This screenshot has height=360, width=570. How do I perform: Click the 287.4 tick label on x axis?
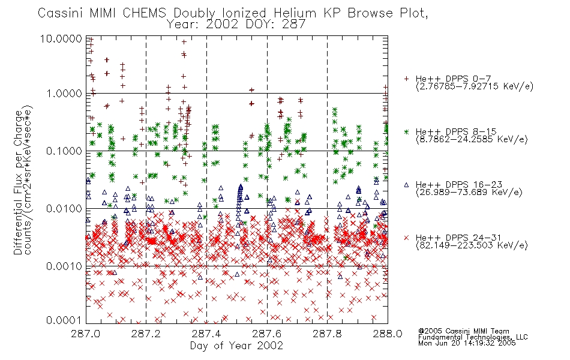[206, 334]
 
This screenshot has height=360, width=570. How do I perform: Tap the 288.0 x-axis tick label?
[388, 334]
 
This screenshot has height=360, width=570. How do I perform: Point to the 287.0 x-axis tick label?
[86, 334]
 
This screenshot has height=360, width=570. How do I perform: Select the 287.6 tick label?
[267, 334]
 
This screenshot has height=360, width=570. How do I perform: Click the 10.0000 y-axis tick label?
[61, 38]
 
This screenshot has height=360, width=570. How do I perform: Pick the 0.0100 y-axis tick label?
[64, 209]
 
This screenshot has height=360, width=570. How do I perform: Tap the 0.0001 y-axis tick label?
[64, 320]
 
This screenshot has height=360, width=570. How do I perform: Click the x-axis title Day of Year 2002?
[236, 346]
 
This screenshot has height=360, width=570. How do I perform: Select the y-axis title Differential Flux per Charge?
[18, 182]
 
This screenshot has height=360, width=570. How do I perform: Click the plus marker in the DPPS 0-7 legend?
[406, 79]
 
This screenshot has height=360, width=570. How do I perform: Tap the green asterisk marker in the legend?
[406, 131]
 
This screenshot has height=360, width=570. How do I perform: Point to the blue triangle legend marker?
[406, 185]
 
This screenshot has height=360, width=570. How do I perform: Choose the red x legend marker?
[406, 238]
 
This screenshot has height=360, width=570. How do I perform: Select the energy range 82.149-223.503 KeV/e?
[472, 245]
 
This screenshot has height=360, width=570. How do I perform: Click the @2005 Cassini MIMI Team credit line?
[464, 331]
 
